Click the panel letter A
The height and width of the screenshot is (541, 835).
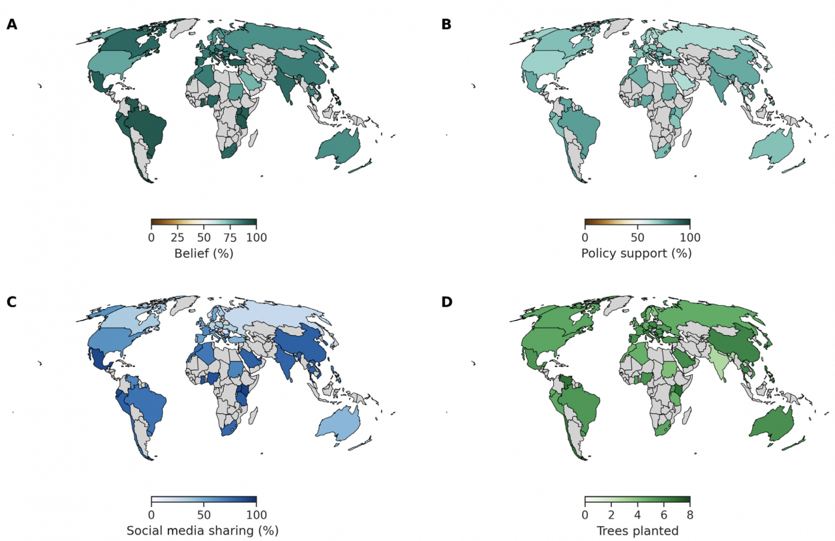pos(12,25)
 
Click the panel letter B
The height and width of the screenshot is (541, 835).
pos(446,25)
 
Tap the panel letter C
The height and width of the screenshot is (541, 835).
pos(12,302)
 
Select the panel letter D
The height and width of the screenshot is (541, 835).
pos(446,302)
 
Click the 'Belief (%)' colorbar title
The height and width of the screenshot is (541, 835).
pos(204,254)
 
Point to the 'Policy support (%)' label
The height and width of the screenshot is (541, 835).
pos(637,254)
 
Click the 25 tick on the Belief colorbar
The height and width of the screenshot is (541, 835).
pos(177,237)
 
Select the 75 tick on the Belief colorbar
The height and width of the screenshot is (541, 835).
pos(230,237)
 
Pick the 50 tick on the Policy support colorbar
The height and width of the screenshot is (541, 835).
pos(637,237)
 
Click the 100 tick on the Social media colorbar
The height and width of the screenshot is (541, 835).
pos(256,515)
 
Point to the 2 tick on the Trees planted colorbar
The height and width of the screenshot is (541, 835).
pos(611,515)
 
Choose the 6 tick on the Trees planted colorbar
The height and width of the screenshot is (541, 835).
pos(663,515)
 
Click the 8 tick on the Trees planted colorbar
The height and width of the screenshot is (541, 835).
pos(690,515)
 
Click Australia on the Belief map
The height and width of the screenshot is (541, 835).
pos(338,149)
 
